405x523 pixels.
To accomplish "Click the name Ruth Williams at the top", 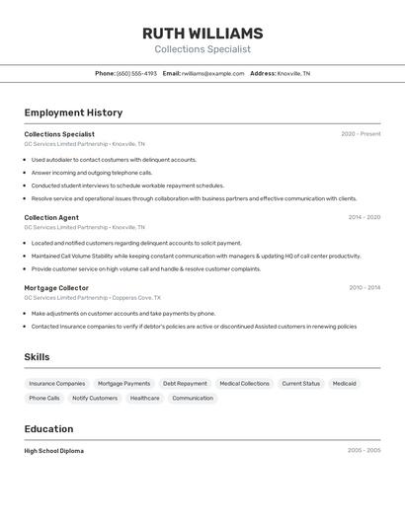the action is pos(202,34).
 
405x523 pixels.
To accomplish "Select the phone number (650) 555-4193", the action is pos(136,73).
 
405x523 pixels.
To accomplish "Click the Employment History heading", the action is pos(73,112).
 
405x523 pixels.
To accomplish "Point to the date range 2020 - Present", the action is pos(361,134).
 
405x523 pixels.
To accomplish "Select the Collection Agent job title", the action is pos(51,217).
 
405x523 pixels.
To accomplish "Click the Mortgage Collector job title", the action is pos(56,288).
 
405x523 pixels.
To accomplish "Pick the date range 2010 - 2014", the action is pos(364,288).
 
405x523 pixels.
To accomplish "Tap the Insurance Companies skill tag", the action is pos(57,383).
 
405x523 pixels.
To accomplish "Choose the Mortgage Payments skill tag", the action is pos(124,383).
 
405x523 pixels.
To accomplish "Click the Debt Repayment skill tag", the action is pos(185,383).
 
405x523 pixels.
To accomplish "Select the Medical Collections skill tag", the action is pos(244,383).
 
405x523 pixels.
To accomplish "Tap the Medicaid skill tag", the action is pos(344,383).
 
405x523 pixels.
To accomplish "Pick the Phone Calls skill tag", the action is pos(44,398).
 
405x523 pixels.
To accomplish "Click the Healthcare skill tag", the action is pos(144,398).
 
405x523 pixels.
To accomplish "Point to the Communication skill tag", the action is pos(193,398).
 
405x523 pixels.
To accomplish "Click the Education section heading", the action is pos(48,428).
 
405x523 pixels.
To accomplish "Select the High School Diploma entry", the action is pos(54,450).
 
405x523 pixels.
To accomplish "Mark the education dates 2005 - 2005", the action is pos(364,450).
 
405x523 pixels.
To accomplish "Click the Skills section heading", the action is pos(37,357).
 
